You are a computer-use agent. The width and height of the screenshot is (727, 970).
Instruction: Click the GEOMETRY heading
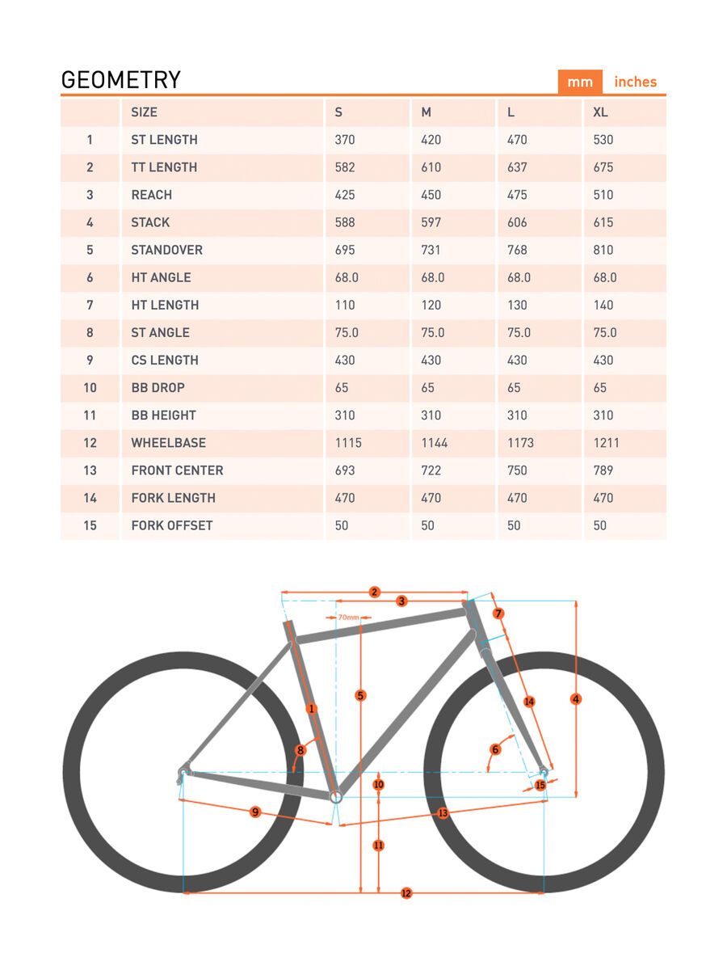[x=121, y=80]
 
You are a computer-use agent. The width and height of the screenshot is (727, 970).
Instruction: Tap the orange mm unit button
[x=579, y=82]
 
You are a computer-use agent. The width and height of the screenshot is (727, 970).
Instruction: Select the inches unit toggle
[x=635, y=82]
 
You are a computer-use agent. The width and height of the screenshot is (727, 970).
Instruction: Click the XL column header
[x=600, y=112]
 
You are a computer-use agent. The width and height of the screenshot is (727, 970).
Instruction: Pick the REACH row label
[x=151, y=195]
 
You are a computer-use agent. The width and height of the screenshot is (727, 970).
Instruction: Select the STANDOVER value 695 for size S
[x=344, y=250]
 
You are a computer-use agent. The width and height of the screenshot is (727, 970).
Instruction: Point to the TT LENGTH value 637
[x=517, y=167]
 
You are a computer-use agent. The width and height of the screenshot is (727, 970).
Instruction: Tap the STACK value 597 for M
[x=431, y=222]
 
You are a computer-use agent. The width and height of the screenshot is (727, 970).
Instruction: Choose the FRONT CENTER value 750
[x=517, y=470]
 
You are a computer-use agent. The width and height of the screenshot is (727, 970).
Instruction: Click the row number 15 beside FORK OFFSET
[x=90, y=525]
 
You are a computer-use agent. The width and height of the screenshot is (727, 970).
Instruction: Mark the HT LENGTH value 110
[x=344, y=305]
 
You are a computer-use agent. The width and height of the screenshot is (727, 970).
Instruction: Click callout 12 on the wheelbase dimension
[x=406, y=893]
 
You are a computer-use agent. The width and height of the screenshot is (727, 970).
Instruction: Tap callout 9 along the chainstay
[x=255, y=812]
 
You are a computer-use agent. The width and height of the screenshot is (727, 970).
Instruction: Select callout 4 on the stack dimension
[x=576, y=698]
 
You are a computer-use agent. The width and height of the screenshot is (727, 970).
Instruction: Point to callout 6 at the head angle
[x=496, y=749]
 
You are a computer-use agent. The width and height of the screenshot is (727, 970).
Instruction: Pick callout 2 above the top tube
[x=374, y=592]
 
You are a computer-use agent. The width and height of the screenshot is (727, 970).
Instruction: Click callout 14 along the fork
[x=529, y=702]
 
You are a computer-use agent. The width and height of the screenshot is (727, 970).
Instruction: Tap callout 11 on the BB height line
[x=378, y=846]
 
